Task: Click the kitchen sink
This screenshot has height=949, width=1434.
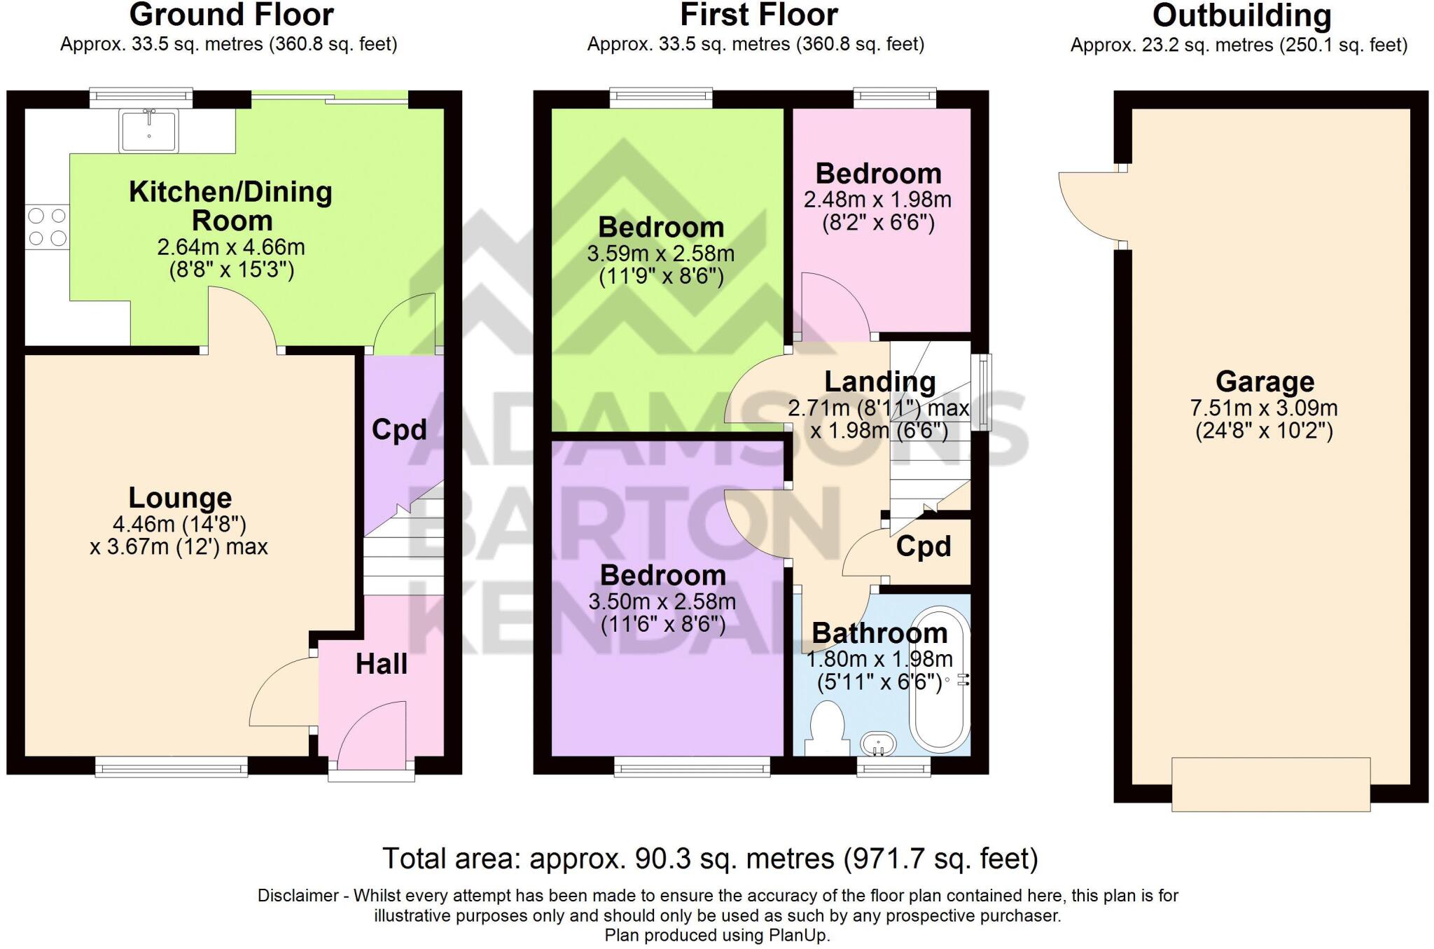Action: (148, 131)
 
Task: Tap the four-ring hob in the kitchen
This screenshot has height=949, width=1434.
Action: (48, 227)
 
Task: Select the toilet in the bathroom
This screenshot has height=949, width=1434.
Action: (826, 729)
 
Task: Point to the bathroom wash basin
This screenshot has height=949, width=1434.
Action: (878, 744)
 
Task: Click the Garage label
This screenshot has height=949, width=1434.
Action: (1265, 382)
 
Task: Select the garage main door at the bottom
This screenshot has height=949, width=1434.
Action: (1270, 784)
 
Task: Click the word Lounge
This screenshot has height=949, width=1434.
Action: (180, 498)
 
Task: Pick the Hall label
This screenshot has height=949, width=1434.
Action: (381, 664)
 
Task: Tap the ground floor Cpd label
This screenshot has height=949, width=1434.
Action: (399, 429)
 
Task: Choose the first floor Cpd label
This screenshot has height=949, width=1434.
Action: (924, 547)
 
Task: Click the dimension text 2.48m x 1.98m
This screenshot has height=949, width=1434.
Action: (877, 200)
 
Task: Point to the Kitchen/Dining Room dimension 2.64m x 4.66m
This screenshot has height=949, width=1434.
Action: (231, 247)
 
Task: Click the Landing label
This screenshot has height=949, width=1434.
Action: (879, 382)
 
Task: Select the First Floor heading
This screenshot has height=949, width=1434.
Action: (758, 15)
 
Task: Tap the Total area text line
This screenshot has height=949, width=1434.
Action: (709, 859)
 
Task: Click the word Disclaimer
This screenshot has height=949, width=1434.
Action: (298, 896)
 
